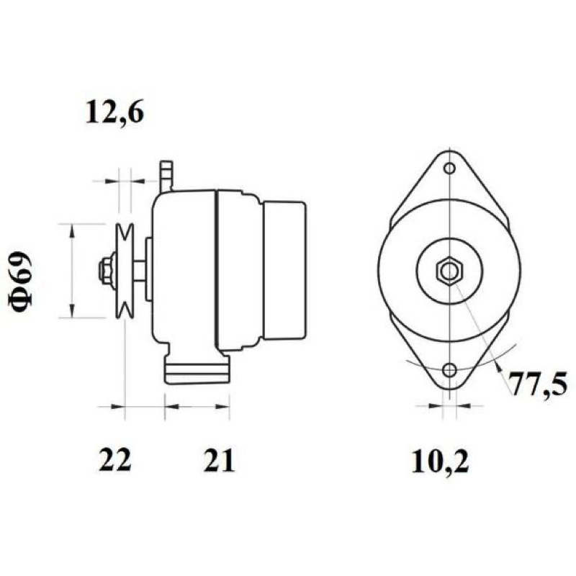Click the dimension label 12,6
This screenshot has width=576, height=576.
click(114, 112)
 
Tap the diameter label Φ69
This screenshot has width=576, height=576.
click(20, 280)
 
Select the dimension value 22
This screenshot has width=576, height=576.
click(114, 460)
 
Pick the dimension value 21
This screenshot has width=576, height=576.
click(219, 460)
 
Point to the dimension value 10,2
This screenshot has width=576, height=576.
click(440, 462)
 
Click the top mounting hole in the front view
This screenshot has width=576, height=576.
click(449, 168)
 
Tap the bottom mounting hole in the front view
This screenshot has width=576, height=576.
click(449, 370)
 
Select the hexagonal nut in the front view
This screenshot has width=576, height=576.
click(449, 271)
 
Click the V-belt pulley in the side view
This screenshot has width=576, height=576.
click(124, 271)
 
